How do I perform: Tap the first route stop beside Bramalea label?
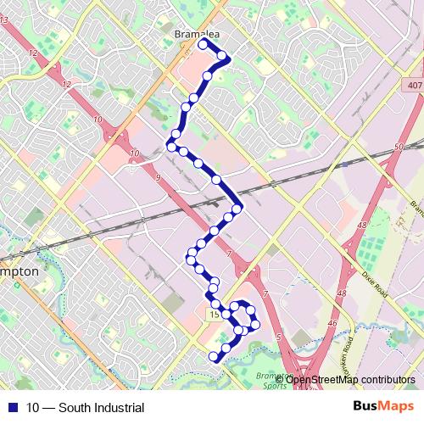[203, 42]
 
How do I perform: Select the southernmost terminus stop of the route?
[214, 357]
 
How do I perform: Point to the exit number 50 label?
[398, 148]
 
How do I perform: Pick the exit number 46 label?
[332, 323]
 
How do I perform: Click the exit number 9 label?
[159, 177]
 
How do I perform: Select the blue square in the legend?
[12, 408]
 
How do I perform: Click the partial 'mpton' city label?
[19, 271]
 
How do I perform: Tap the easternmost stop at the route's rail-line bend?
[238, 208]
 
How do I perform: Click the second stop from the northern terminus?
[223, 57]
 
